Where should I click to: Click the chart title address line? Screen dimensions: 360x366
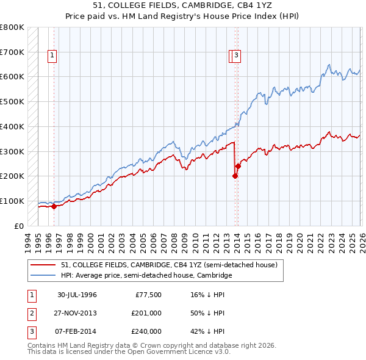click(183, 5)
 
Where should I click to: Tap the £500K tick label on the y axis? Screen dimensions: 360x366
click(12, 101)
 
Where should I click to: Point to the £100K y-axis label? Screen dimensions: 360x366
click(12, 201)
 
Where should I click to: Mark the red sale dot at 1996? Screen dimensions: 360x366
click(54, 206)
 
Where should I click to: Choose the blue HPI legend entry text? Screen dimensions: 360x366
click(146, 275)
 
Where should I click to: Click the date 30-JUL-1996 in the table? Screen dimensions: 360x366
click(77, 295)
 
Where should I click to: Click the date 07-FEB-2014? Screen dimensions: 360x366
click(77, 331)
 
